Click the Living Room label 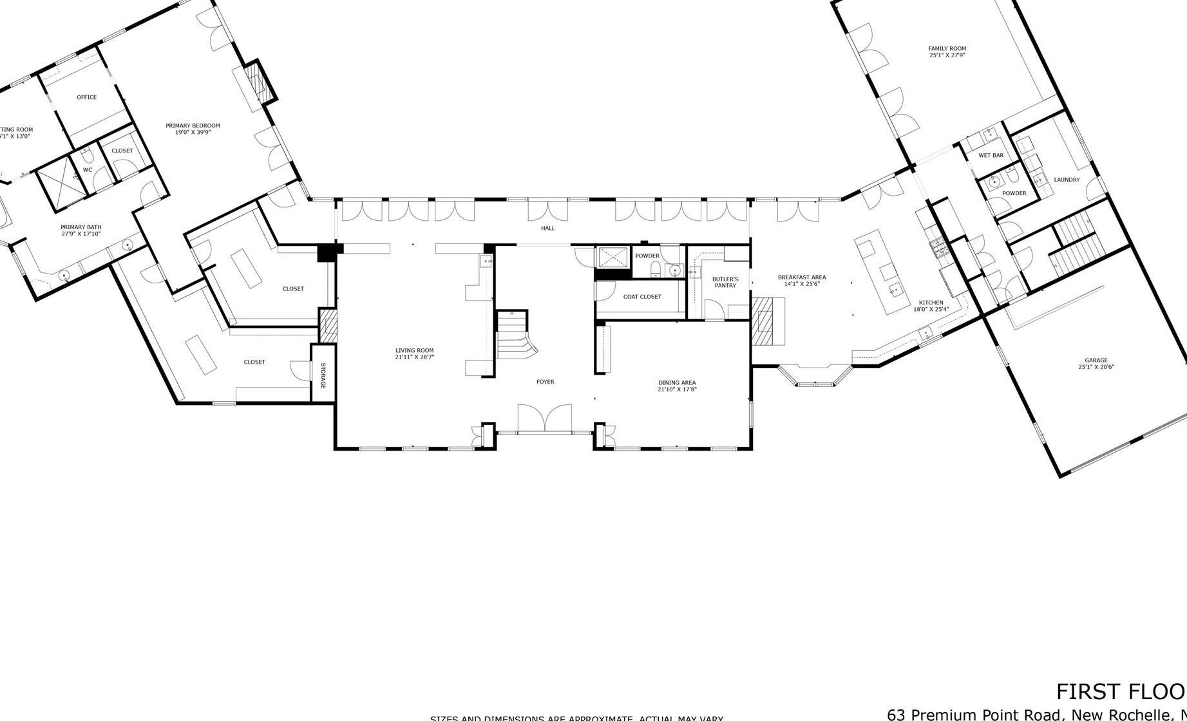tap(415, 350)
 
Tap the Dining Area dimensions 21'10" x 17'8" tap(677, 389)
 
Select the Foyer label tap(545, 382)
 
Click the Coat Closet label tap(641, 297)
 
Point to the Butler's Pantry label tap(725, 282)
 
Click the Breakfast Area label tap(801, 277)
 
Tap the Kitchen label tap(931, 303)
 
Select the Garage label tap(1096, 360)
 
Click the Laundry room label tap(1067, 180)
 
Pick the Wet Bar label tap(991, 155)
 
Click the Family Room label tap(947, 48)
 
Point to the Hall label tap(547, 228)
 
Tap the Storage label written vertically tap(323, 376)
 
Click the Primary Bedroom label tap(193, 126)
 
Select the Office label tap(86, 97)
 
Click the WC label tap(88, 170)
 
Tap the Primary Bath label tap(81, 227)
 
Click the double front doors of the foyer tap(545, 418)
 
